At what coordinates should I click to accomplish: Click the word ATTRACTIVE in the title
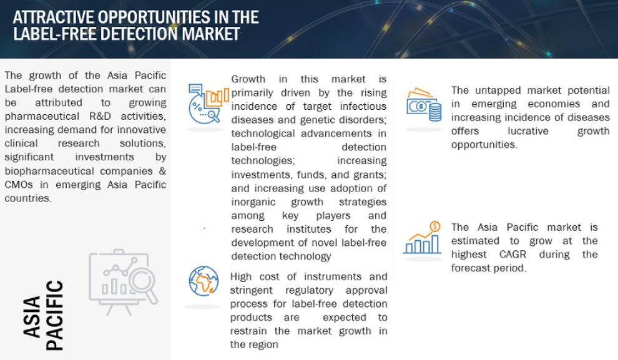pyautogui.click(x=54, y=17)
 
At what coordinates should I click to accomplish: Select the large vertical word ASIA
pyautogui.click(x=32, y=317)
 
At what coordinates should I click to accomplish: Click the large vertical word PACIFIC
pyautogui.click(x=54, y=315)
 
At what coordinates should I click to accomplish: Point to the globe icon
pyautogui.click(x=204, y=281)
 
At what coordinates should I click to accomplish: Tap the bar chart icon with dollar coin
pyautogui.click(x=422, y=238)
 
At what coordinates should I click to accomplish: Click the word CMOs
pyautogui.click(x=19, y=184)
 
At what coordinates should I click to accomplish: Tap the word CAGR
pyautogui.click(x=513, y=255)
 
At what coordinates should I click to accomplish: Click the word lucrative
pyautogui.click(x=527, y=131)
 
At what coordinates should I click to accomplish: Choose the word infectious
pyautogui.click(x=363, y=106)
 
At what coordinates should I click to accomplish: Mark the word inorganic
pyautogui.click(x=253, y=202)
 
